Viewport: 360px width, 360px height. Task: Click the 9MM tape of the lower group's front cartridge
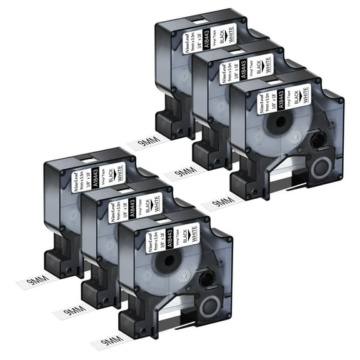[x=104, y=342]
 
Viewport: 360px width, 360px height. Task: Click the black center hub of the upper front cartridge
[x=275, y=139]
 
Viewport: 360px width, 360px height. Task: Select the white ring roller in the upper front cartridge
[x=320, y=168]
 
